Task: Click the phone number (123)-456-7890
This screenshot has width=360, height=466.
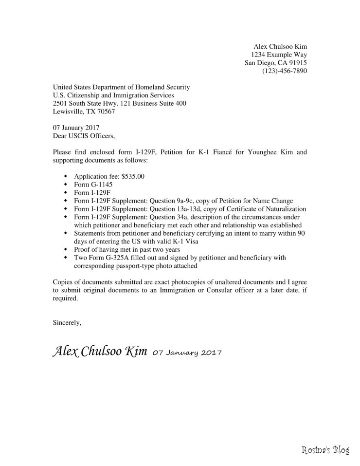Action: tap(285, 71)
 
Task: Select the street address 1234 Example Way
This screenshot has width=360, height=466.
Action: tap(279, 54)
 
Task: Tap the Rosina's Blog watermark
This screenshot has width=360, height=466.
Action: tap(325, 451)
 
